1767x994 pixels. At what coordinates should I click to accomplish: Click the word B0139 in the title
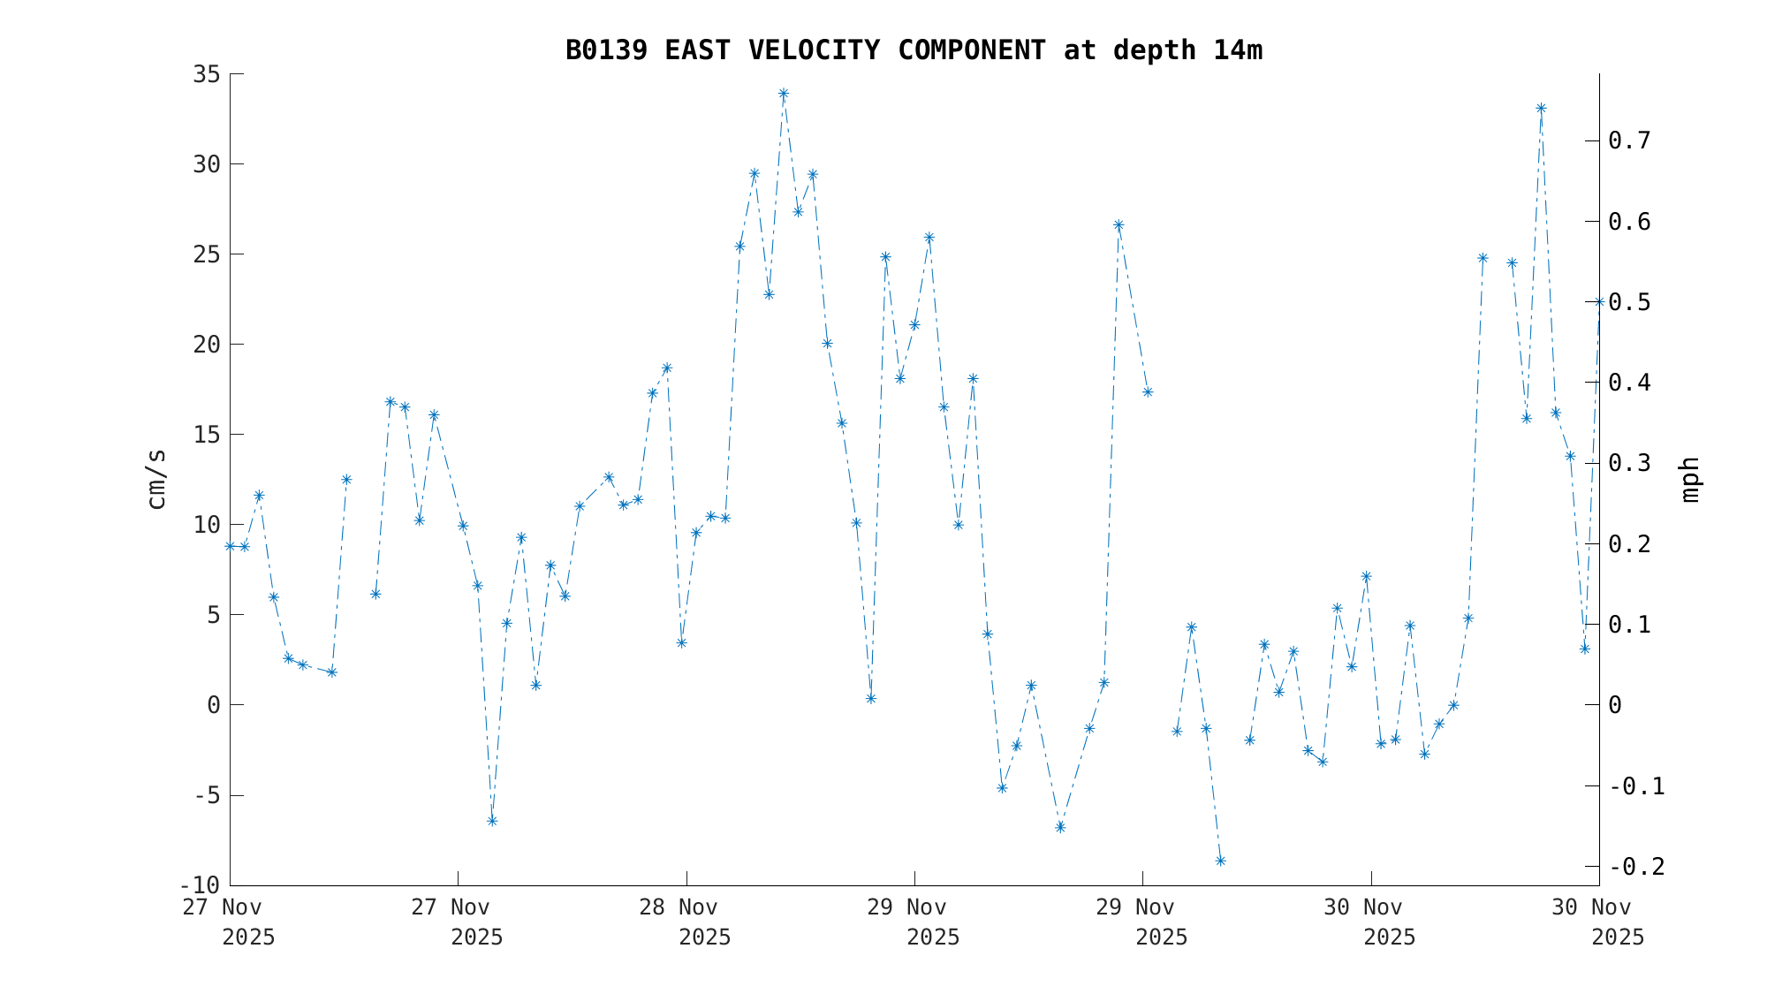[605, 51]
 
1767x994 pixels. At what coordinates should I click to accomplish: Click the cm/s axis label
[156, 479]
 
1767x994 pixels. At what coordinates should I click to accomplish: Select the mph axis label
[1689, 479]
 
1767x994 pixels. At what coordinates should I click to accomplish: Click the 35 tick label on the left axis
[206, 74]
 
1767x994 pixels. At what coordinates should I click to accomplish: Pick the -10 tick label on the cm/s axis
[200, 885]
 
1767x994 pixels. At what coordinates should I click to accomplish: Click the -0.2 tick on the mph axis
[1637, 867]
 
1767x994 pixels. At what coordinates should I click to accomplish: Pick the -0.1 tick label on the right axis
[1637, 786]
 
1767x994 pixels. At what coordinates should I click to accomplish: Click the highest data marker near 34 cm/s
[784, 94]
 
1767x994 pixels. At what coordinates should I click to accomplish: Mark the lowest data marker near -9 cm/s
[1220, 861]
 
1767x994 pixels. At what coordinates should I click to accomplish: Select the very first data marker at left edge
[231, 546]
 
